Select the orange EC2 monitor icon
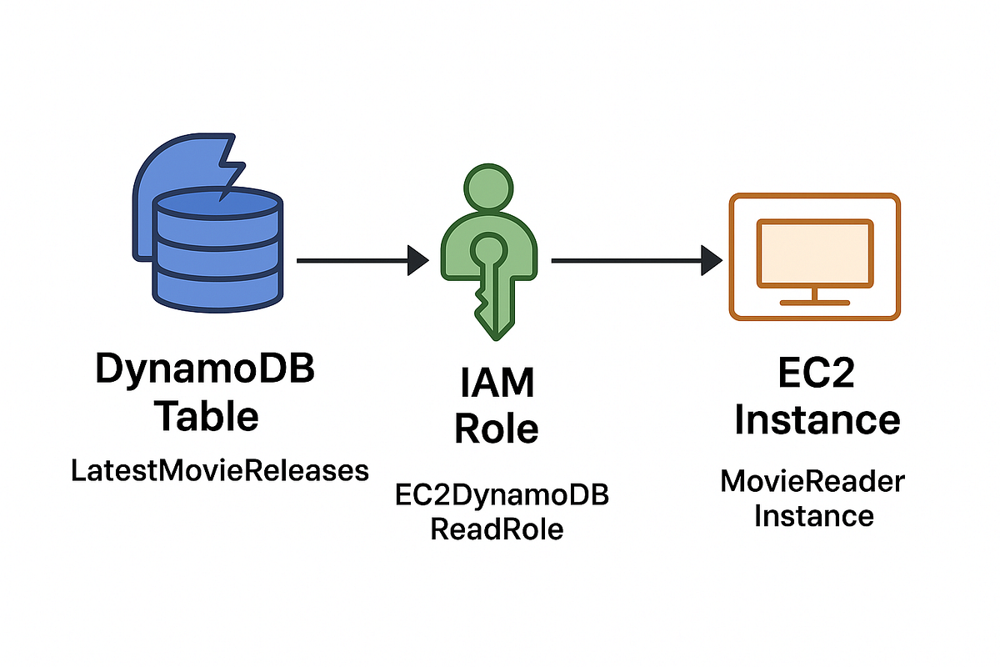813,257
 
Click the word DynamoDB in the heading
205,369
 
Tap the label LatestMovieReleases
219,471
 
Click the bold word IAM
497,384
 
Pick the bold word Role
497,429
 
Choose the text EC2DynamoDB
501,494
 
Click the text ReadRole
497,529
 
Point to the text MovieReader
812,481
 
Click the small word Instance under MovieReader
813,515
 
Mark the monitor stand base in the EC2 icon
813,302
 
